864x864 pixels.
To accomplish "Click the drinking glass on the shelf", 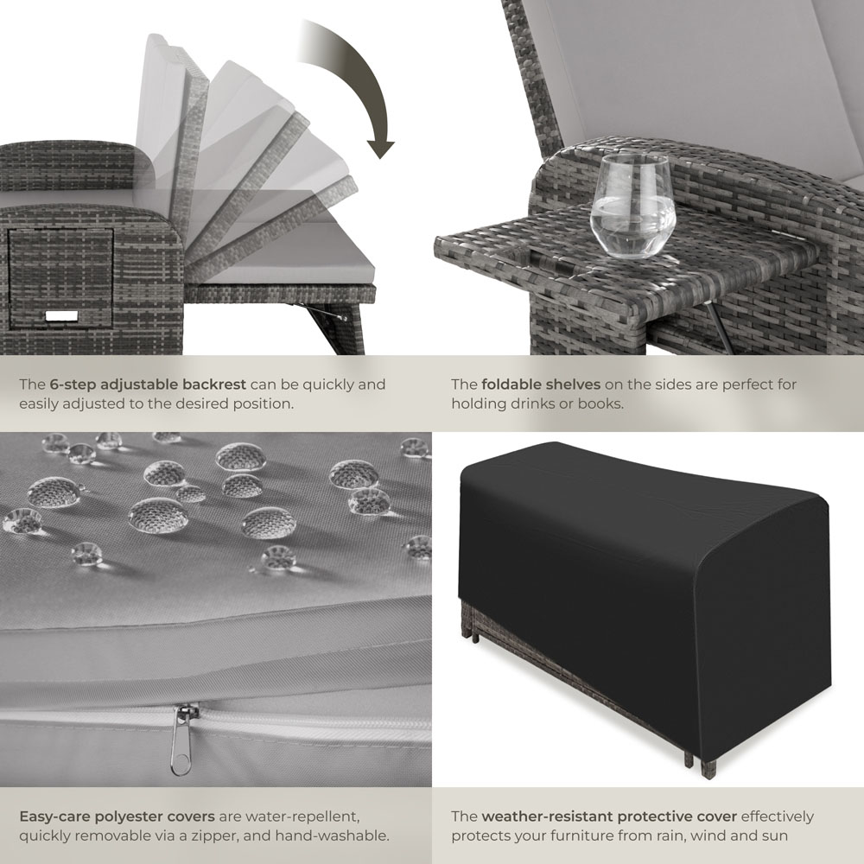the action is (632, 206).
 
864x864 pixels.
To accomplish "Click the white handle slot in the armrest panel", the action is (61, 316).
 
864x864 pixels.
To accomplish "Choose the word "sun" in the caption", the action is (775, 835).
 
